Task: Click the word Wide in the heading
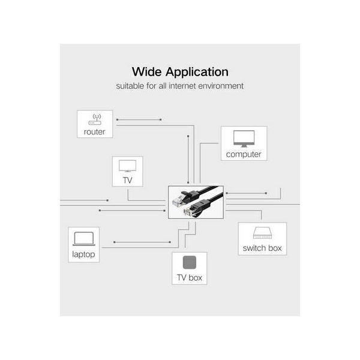[147, 71]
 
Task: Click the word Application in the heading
[197, 73]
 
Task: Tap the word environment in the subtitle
[221, 86]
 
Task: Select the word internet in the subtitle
[182, 86]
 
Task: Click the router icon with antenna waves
[95, 119]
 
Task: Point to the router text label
[94, 132]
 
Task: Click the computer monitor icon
[244, 139]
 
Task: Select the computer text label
[244, 154]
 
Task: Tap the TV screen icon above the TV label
[127, 166]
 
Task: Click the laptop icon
[84, 239]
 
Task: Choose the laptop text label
[83, 254]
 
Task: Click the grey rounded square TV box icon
[190, 262]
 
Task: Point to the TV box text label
[190, 278]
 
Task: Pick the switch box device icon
[262, 233]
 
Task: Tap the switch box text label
[262, 248]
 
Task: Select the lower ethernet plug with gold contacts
[191, 209]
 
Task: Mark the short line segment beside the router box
[139, 119]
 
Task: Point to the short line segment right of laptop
[142, 242]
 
